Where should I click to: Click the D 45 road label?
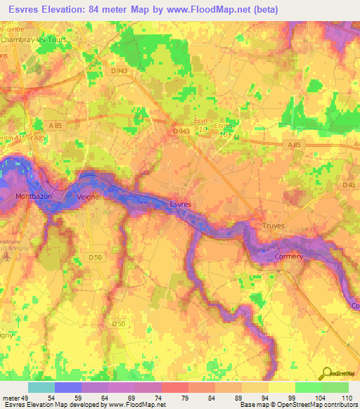349,186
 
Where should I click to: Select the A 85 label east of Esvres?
293,143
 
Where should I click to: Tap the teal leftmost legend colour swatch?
41,387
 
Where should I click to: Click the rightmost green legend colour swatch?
335,387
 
